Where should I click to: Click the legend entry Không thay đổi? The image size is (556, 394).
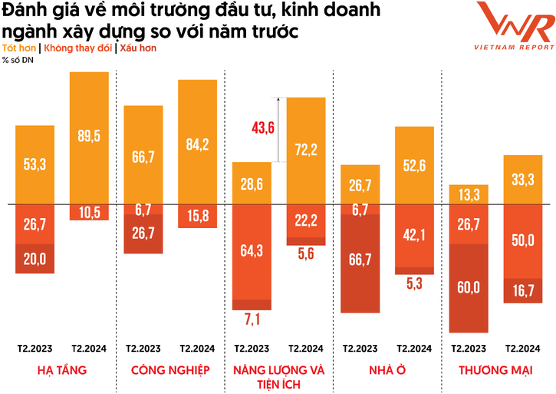point(78,48)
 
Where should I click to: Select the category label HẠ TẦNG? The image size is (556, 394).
point(61,370)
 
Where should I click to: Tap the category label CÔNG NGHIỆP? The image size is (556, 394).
point(170,370)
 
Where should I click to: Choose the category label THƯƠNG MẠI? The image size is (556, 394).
point(496,370)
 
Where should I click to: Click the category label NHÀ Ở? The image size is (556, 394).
point(387,370)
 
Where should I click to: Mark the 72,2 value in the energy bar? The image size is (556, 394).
point(306,150)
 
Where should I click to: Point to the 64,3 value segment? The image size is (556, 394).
point(252,250)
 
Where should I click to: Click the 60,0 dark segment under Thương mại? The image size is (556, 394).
point(469,287)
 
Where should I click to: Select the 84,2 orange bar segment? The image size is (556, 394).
point(197,143)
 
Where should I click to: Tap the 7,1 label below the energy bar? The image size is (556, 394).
point(252,318)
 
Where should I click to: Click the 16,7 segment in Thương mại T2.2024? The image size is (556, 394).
point(524,290)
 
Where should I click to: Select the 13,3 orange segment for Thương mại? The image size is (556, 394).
point(469,195)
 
